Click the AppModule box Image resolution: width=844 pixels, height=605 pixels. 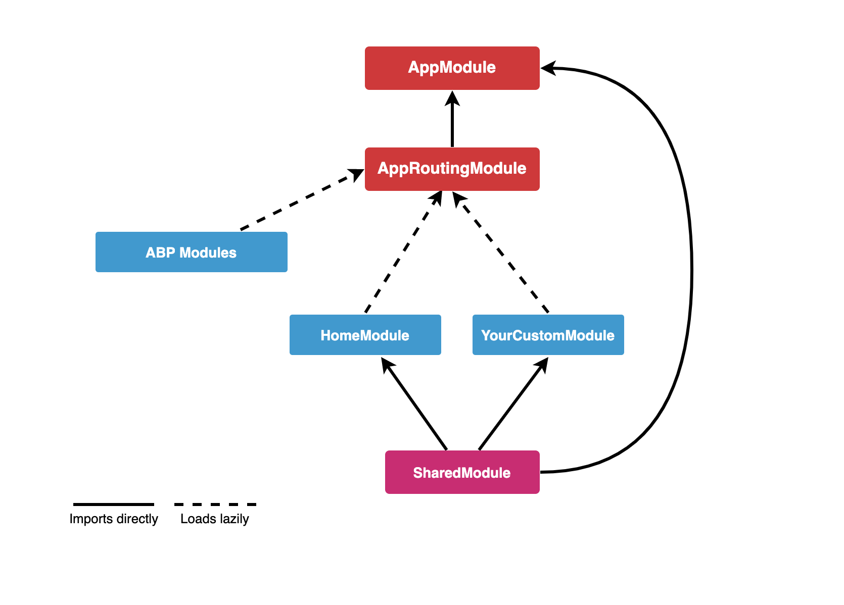[x=452, y=68]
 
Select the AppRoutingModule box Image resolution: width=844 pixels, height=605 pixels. [x=452, y=169]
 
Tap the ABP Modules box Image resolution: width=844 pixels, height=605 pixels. [x=191, y=252]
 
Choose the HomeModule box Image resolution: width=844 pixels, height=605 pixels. [x=365, y=335]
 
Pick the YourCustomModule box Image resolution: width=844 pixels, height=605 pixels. [x=548, y=335]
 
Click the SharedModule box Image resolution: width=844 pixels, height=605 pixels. [x=462, y=472]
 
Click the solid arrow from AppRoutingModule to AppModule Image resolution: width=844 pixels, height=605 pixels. [x=452, y=124]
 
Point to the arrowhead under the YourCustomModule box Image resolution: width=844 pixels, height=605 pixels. [x=543, y=364]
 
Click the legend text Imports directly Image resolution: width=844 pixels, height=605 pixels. [x=114, y=519]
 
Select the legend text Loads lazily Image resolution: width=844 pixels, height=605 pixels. [x=214, y=519]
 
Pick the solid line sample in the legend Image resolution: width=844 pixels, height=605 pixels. [x=114, y=504]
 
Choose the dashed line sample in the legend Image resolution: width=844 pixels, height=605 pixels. [x=215, y=504]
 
